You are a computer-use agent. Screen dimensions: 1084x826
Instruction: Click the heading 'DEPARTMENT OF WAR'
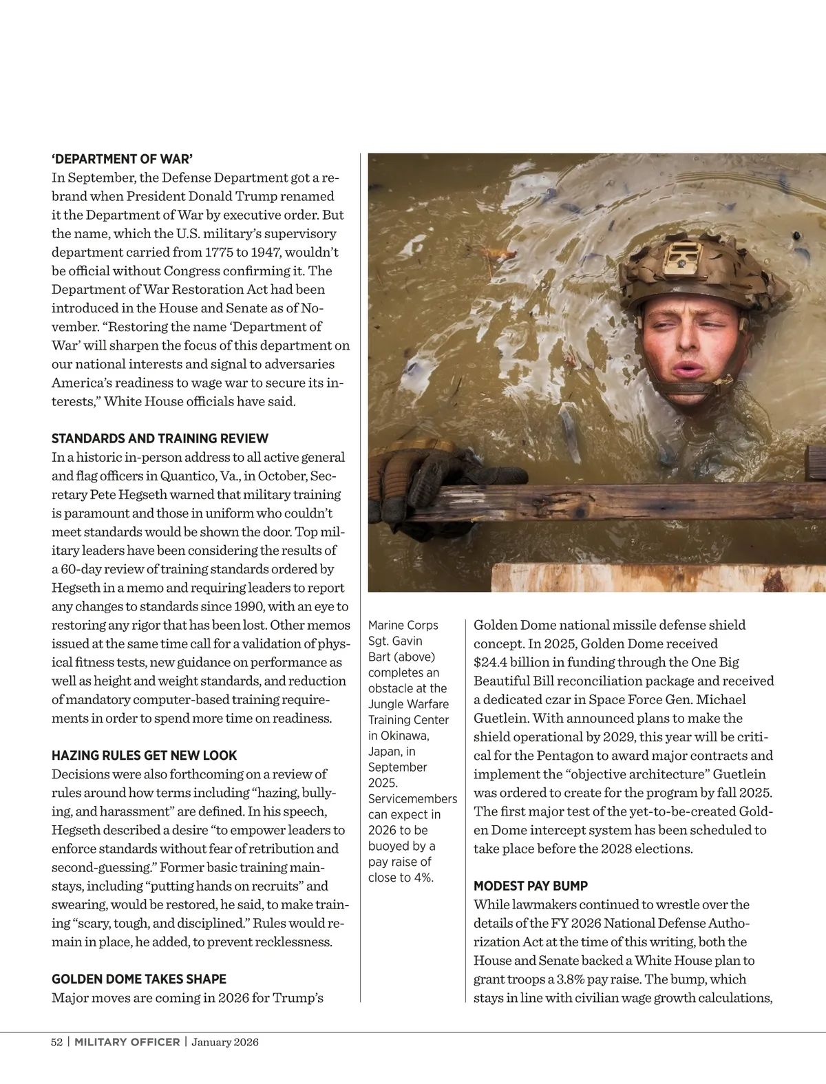127,159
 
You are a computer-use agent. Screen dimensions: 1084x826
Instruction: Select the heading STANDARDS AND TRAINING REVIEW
160,438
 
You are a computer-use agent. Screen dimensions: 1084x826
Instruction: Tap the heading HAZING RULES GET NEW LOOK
144,755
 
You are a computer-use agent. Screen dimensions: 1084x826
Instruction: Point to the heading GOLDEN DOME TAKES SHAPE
138,979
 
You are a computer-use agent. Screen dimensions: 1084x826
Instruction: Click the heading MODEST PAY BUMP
530,886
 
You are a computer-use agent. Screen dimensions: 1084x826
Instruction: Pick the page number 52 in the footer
57,1042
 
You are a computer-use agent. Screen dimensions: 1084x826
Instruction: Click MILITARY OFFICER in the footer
127,1042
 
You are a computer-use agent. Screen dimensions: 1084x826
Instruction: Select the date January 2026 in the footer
225,1042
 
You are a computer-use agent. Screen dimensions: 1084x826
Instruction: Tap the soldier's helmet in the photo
695,268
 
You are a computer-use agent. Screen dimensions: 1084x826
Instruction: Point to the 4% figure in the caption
421,878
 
